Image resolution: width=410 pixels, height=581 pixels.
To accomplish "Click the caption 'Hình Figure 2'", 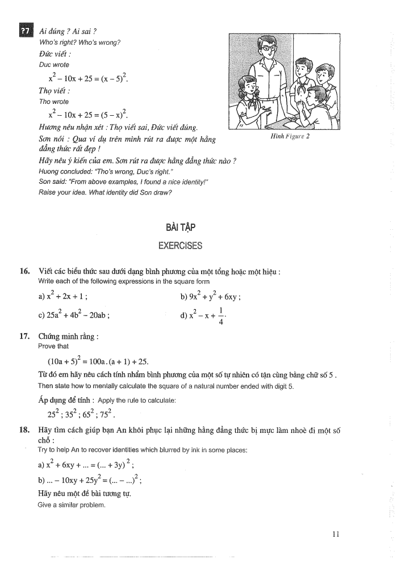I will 290,136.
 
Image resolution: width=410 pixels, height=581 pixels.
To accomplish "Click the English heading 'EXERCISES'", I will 181,246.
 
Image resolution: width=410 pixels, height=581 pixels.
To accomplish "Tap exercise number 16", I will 24,272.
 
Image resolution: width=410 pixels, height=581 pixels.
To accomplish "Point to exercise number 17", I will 24,336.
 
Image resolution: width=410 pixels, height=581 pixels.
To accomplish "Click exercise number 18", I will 24,430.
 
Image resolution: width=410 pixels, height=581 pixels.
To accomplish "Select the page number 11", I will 336,533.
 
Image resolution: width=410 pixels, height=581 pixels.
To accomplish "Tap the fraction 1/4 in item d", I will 221,317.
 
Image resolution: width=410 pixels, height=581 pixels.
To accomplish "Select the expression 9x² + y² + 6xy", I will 211,296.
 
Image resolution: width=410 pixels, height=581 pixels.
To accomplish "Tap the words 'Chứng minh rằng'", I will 68,336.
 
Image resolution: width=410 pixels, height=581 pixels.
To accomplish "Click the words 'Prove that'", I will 53,346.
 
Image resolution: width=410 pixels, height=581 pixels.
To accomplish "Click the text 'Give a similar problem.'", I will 72,504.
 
